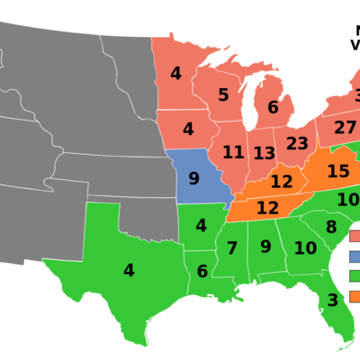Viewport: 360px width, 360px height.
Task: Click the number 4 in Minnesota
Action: click(x=175, y=74)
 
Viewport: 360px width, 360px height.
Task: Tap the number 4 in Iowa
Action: click(x=187, y=129)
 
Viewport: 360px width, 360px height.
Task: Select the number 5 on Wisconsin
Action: click(x=223, y=95)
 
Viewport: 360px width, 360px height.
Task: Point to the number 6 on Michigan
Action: click(x=273, y=107)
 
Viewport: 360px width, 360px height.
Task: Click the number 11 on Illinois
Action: click(x=233, y=152)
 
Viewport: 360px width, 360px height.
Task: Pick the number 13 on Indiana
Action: click(x=264, y=153)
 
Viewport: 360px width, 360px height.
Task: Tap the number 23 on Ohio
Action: click(x=297, y=143)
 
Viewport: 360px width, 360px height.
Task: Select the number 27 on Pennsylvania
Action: click(x=345, y=128)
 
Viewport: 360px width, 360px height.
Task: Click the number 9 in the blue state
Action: click(x=193, y=178)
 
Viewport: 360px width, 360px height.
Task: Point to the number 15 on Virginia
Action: click(x=338, y=171)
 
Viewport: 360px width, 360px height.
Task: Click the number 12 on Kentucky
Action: click(x=282, y=182)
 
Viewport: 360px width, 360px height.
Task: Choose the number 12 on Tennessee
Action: click(x=267, y=208)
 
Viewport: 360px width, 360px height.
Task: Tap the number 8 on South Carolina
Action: click(x=331, y=228)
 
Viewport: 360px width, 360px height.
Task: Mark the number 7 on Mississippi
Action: click(x=231, y=248)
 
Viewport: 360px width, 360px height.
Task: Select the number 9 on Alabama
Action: click(x=265, y=246)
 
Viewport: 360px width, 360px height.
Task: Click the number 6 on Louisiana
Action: click(x=202, y=271)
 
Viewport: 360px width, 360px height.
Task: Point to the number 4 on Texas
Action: click(x=129, y=270)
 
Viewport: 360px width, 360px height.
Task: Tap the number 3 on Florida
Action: click(x=332, y=300)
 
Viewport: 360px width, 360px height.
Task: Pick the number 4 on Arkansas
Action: click(x=201, y=226)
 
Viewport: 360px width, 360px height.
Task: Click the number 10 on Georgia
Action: click(x=305, y=247)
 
